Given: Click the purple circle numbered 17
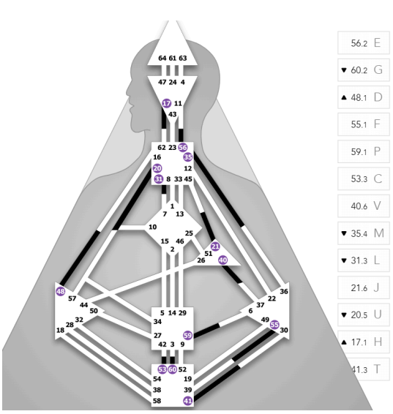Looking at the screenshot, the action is pyautogui.click(x=166, y=103).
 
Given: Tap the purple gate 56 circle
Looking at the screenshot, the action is pyautogui.click(x=183, y=147).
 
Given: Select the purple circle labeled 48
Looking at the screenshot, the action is pyautogui.click(x=61, y=292).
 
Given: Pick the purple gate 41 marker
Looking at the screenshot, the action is pyautogui.click(x=188, y=401).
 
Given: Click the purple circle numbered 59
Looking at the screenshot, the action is pyautogui.click(x=187, y=336).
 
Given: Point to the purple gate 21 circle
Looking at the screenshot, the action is pyautogui.click(x=215, y=246).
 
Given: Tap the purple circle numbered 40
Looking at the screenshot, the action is pyautogui.click(x=223, y=260).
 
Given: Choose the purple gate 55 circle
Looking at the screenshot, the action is pyautogui.click(x=274, y=325).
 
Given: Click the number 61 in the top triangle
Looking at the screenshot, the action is pyautogui.click(x=173, y=58).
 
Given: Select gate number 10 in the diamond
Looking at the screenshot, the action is pyautogui.click(x=153, y=227).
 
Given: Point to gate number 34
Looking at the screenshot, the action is pyautogui.click(x=157, y=322).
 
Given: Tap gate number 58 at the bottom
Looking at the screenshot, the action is pyautogui.click(x=157, y=401).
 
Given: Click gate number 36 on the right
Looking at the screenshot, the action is pyautogui.click(x=284, y=291).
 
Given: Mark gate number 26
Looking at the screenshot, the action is pyautogui.click(x=201, y=260).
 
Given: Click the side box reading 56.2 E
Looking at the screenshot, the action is pyautogui.click(x=364, y=42).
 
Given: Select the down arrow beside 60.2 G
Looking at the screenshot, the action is pyautogui.click(x=344, y=70).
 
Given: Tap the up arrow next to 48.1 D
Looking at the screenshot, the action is pyautogui.click(x=344, y=97).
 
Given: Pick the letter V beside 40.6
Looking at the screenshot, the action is pyautogui.click(x=377, y=206).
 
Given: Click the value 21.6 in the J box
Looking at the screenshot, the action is pyautogui.click(x=359, y=287).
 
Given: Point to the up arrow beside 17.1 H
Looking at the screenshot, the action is pyautogui.click(x=344, y=342).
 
